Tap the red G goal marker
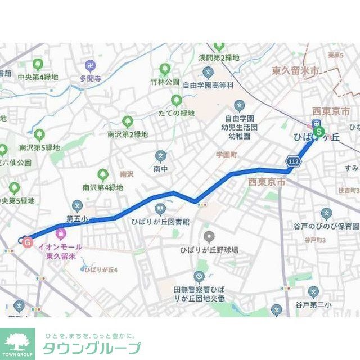26,242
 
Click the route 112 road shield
293,161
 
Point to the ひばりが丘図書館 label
160,222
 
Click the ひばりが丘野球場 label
209,249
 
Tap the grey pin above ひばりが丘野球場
209,236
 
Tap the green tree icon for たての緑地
177,100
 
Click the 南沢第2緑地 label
128,134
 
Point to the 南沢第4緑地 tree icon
103,175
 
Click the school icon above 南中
161,155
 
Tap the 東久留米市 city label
295,71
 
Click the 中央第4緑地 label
38,77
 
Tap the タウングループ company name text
92,348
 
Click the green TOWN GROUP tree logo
17,341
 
